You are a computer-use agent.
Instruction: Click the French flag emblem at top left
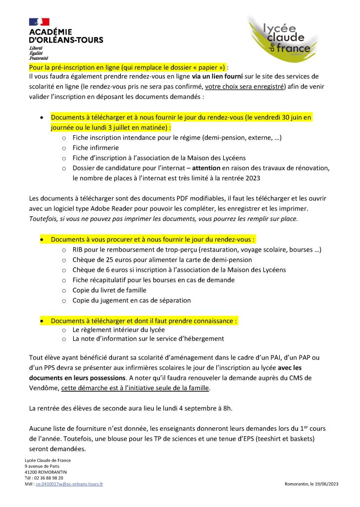coord(39,22)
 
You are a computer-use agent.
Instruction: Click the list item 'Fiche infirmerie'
coord(96,148)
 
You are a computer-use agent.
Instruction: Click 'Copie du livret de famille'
coord(109,290)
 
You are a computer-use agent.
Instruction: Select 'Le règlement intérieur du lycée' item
coord(119,329)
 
